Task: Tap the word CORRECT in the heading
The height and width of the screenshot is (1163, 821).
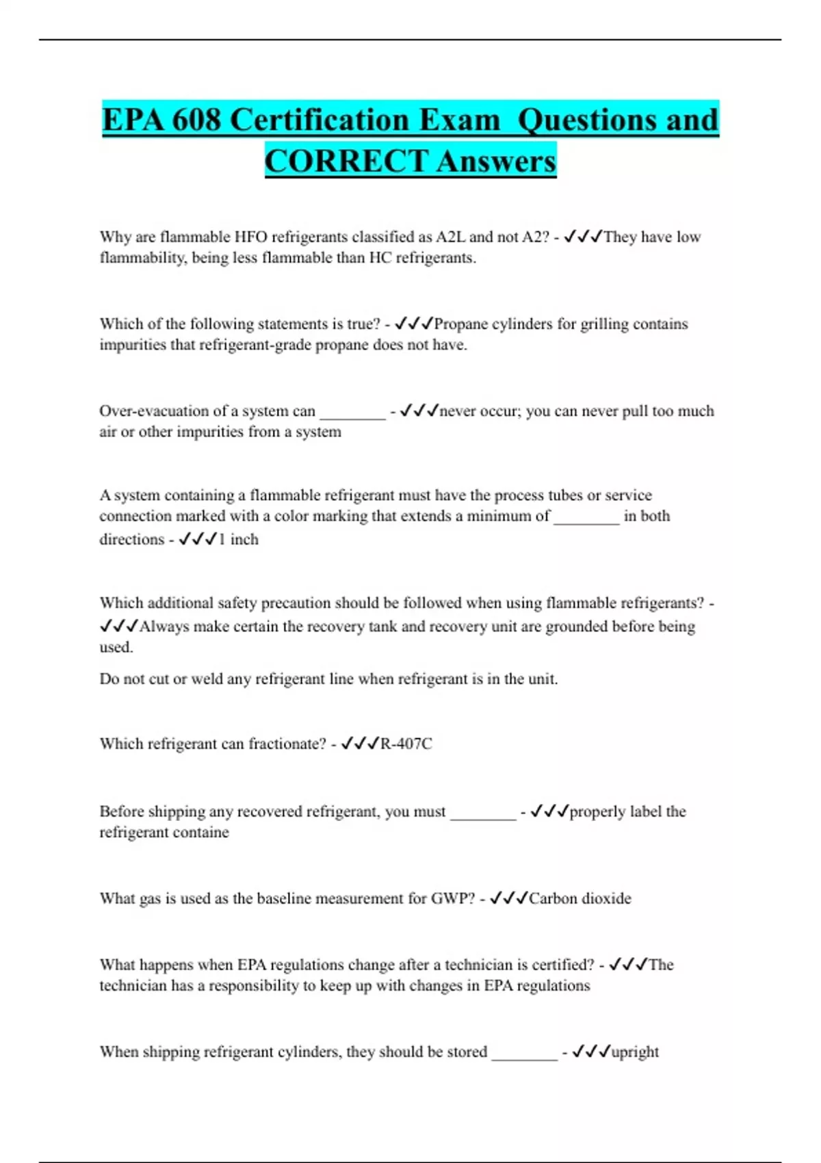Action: point(346,161)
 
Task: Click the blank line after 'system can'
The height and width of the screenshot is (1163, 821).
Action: point(353,413)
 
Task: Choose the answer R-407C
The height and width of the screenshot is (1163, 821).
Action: point(406,744)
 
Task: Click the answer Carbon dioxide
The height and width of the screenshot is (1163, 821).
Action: point(579,898)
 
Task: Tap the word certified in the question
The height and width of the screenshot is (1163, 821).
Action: point(555,965)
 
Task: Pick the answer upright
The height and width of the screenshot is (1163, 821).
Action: point(635,1052)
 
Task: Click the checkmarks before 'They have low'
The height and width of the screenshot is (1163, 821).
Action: point(582,237)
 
